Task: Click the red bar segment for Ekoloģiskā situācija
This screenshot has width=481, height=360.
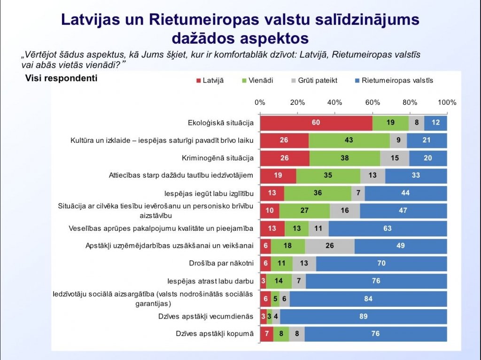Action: click(x=316, y=123)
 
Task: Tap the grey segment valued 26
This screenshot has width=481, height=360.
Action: click(x=330, y=246)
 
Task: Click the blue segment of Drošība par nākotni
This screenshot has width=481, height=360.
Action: click(x=381, y=264)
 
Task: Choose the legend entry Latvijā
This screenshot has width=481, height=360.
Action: click(x=209, y=80)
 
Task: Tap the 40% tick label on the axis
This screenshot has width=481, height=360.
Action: click(x=334, y=102)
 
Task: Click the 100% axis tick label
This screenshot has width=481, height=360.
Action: click(x=447, y=102)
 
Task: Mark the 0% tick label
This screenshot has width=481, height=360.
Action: click(x=260, y=102)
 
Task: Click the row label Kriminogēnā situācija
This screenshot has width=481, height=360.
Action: click(x=217, y=158)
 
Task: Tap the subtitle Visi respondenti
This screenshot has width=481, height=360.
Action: click(x=61, y=78)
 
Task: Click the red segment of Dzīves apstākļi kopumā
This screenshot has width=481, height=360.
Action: click(x=266, y=334)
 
